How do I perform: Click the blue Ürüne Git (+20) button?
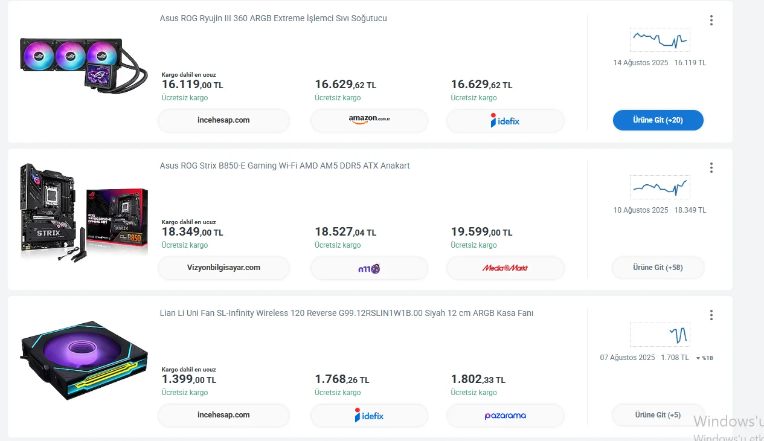click(658, 120)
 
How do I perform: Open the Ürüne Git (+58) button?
click(658, 268)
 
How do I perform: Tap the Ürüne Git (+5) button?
click(658, 415)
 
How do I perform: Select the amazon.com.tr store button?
click(369, 120)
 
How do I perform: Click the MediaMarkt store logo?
click(505, 268)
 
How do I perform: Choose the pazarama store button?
click(505, 415)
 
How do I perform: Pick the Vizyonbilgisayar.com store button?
click(223, 268)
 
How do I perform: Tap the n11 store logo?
click(369, 268)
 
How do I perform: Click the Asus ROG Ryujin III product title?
click(273, 19)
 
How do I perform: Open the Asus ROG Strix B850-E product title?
click(284, 166)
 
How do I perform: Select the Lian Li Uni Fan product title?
click(346, 314)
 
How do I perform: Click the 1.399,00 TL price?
click(188, 379)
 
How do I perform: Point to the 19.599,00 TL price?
click(481, 232)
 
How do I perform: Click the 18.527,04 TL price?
click(345, 232)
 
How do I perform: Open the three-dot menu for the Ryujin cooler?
click(711, 21)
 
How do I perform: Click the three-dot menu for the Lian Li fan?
click(711, 315)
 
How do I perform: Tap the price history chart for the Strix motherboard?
click(660, 187)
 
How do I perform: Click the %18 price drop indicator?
click(705, 358)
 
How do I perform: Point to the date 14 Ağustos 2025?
click(640, 63)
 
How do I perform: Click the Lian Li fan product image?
click(84, 361)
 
